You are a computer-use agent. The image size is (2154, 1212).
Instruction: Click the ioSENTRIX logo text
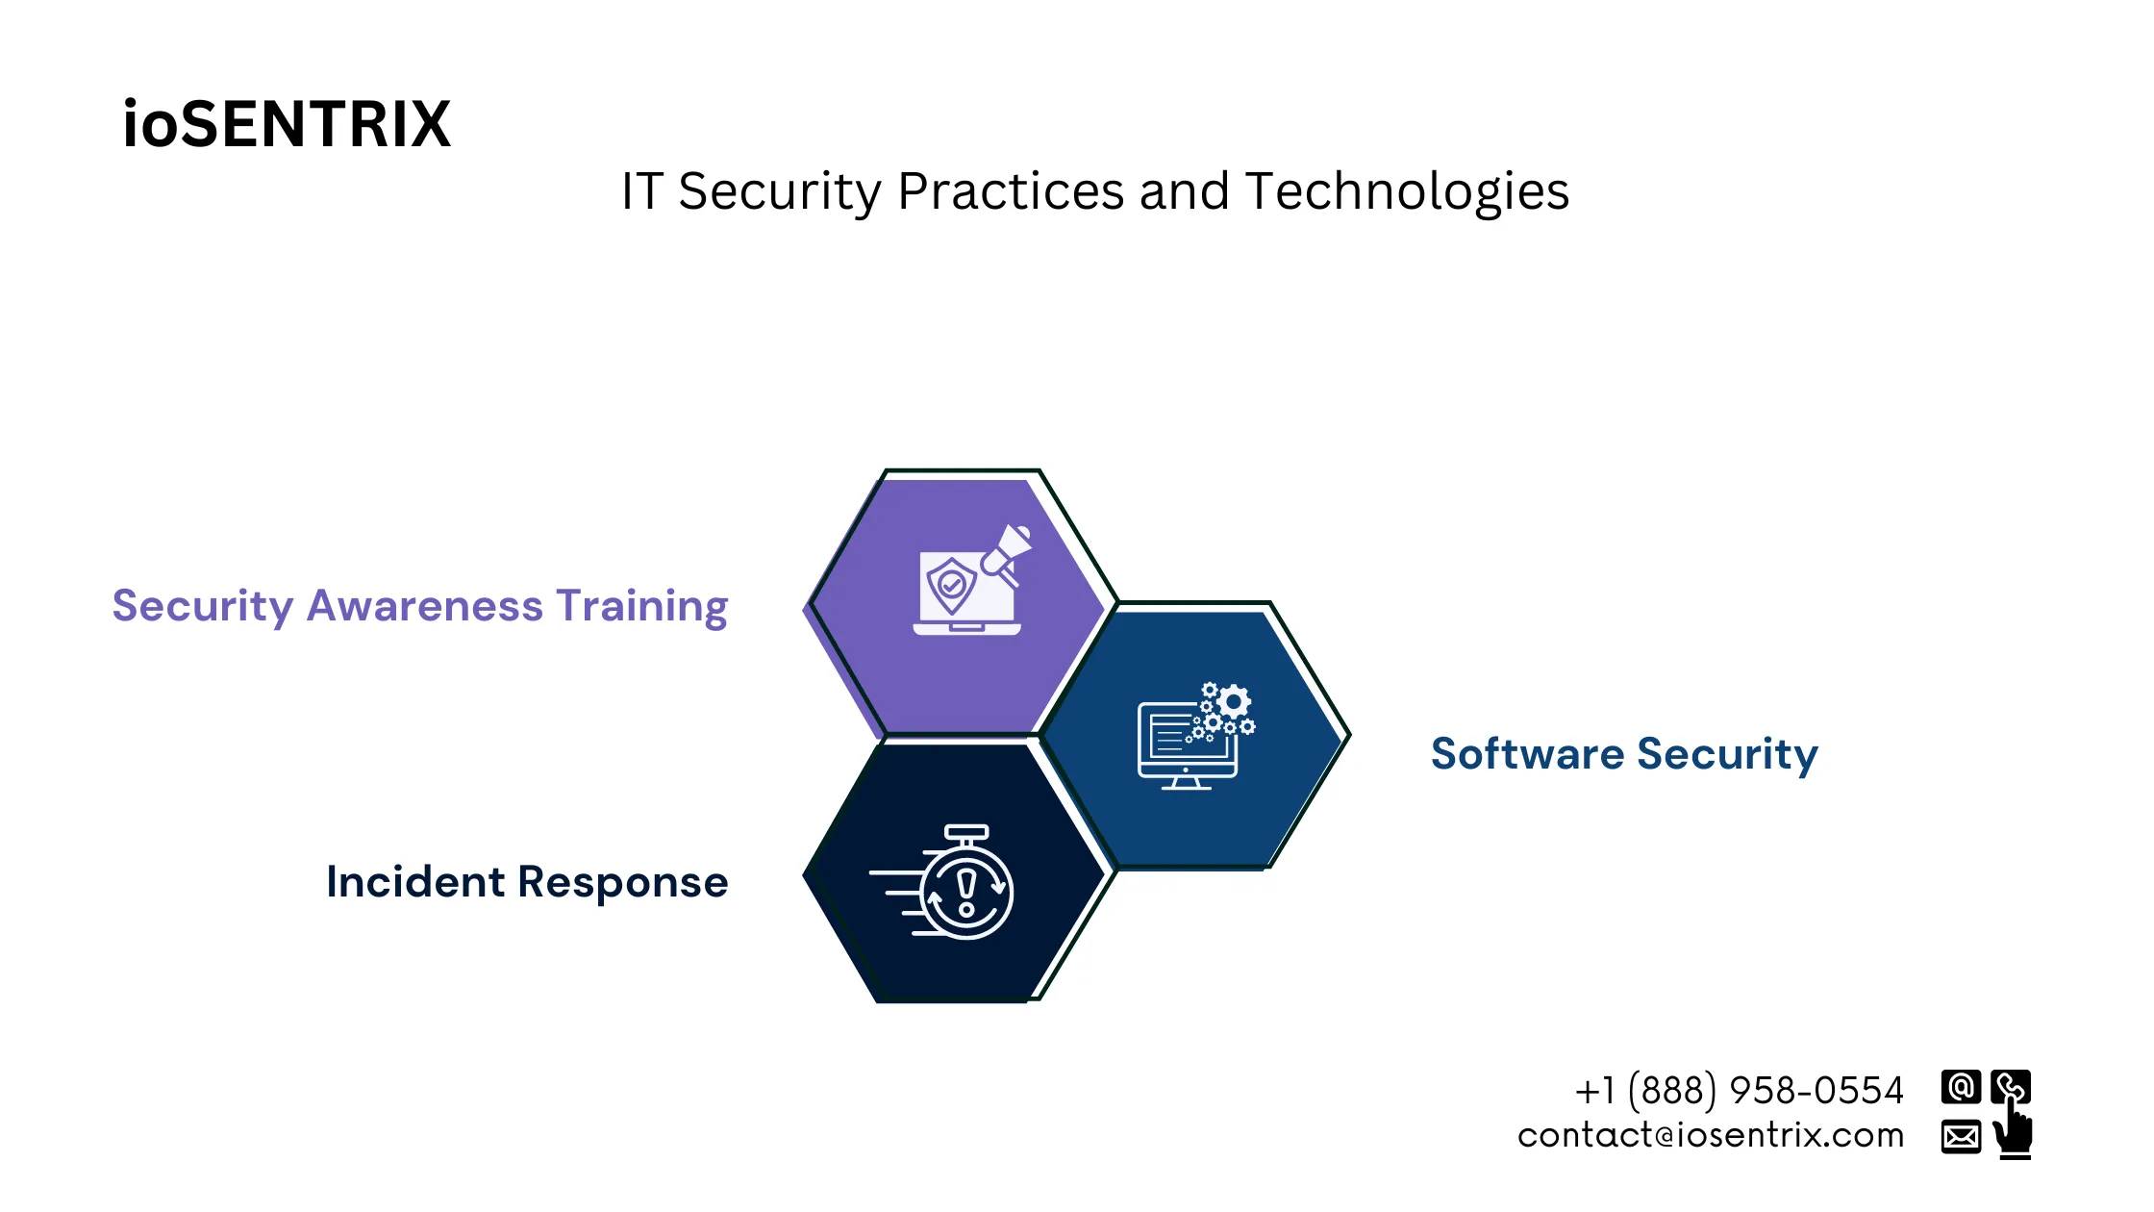point(287,125)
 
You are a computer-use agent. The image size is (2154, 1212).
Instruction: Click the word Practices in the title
point(1010,191)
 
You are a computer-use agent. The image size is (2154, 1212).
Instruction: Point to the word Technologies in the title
point(1407,191)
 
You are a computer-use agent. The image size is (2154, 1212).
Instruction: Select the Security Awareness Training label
point(420,607)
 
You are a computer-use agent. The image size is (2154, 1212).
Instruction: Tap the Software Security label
point(1624,754)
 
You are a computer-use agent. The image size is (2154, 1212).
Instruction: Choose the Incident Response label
point(527,882)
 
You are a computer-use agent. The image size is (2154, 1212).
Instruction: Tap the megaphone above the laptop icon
point(1007,550)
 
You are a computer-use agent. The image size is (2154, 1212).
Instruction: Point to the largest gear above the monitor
point(1234,701)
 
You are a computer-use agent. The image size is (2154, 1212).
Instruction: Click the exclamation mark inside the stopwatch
point(966,890)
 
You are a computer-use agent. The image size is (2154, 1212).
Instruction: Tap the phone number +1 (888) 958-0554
point(1739,1091)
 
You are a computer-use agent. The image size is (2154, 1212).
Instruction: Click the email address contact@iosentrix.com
point(1711,1136)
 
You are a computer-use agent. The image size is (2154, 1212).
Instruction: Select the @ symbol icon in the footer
point(1961,1087)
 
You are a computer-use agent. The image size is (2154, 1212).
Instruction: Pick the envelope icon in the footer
point(1961,1136)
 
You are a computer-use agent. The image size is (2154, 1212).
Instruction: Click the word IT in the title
point(642,191)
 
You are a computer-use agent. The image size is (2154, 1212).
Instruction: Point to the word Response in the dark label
point(623,882)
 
